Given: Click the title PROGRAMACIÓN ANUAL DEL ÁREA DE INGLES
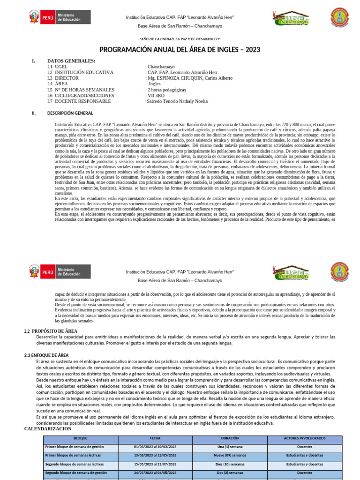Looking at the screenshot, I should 180,50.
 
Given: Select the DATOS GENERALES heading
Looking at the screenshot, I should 71,61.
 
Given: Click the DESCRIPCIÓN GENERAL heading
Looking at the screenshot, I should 70,113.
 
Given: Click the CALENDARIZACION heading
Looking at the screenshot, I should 48,429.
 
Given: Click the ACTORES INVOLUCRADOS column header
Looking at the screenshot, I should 304,439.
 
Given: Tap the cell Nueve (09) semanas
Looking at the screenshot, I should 230,455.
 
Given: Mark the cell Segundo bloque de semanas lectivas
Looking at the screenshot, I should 75,464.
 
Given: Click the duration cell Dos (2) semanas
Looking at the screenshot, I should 230,473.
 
